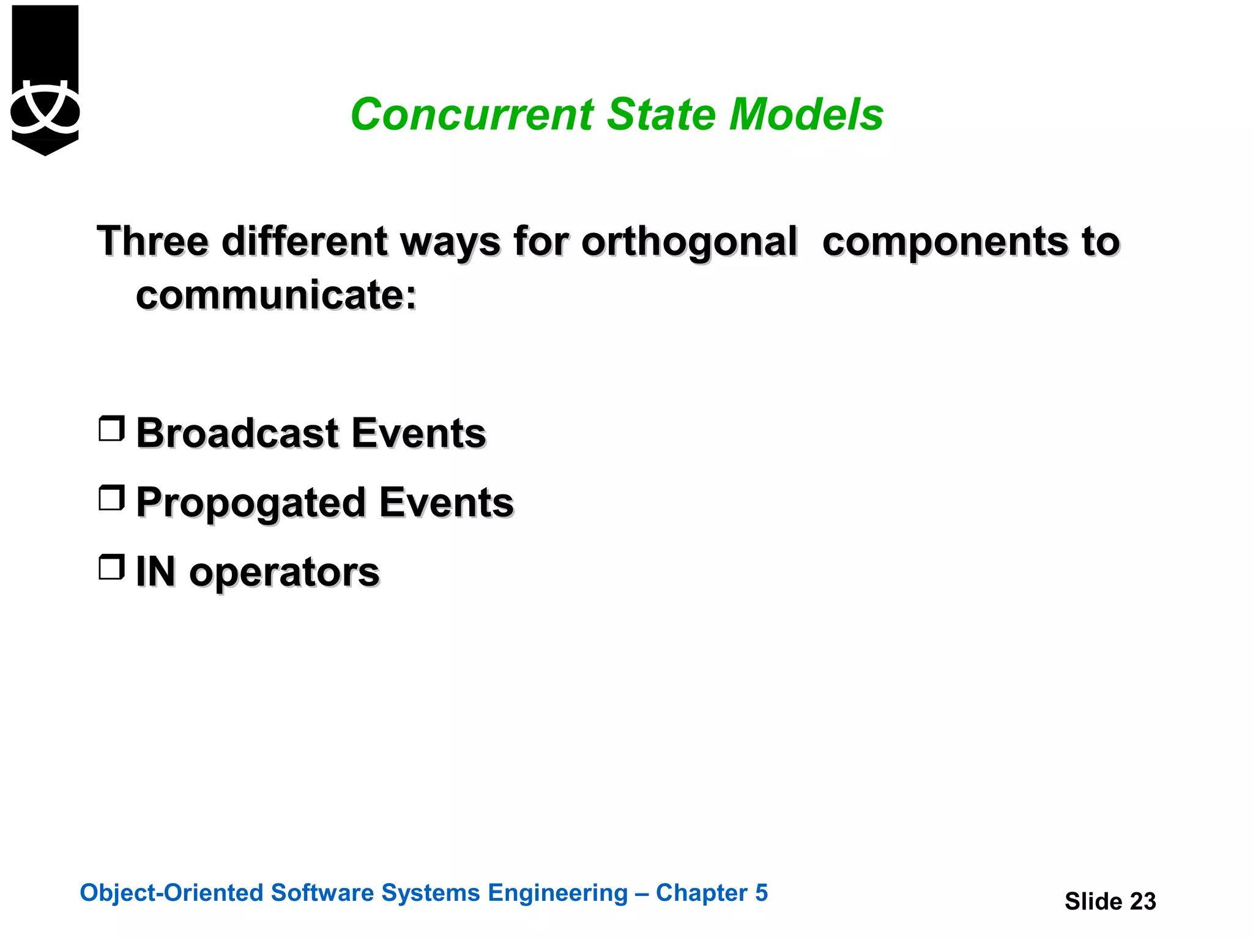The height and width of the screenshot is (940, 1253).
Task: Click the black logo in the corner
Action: click(x=45, y=80)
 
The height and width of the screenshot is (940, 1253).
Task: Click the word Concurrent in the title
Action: click(x=472, y=114)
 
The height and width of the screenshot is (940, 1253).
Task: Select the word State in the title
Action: click(x=661, y=114)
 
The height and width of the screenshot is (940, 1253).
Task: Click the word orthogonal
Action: click(x=689, y=242)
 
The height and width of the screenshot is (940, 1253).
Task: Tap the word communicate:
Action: click(x=276, y=295)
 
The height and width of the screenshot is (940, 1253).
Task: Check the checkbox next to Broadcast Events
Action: click(x=111, y=428)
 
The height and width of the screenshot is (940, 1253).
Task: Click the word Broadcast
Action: click(x=237, y=433)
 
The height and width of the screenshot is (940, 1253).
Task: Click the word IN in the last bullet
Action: click(x=155, y=572)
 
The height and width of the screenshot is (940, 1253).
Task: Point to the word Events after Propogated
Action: click(x=446, y=502)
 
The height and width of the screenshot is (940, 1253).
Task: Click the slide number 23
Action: click(x=1142, y=901)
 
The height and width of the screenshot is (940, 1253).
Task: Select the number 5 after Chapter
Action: click(x=760, y=893)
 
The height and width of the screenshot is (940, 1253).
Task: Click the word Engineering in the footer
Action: click(x=557, y=893)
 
